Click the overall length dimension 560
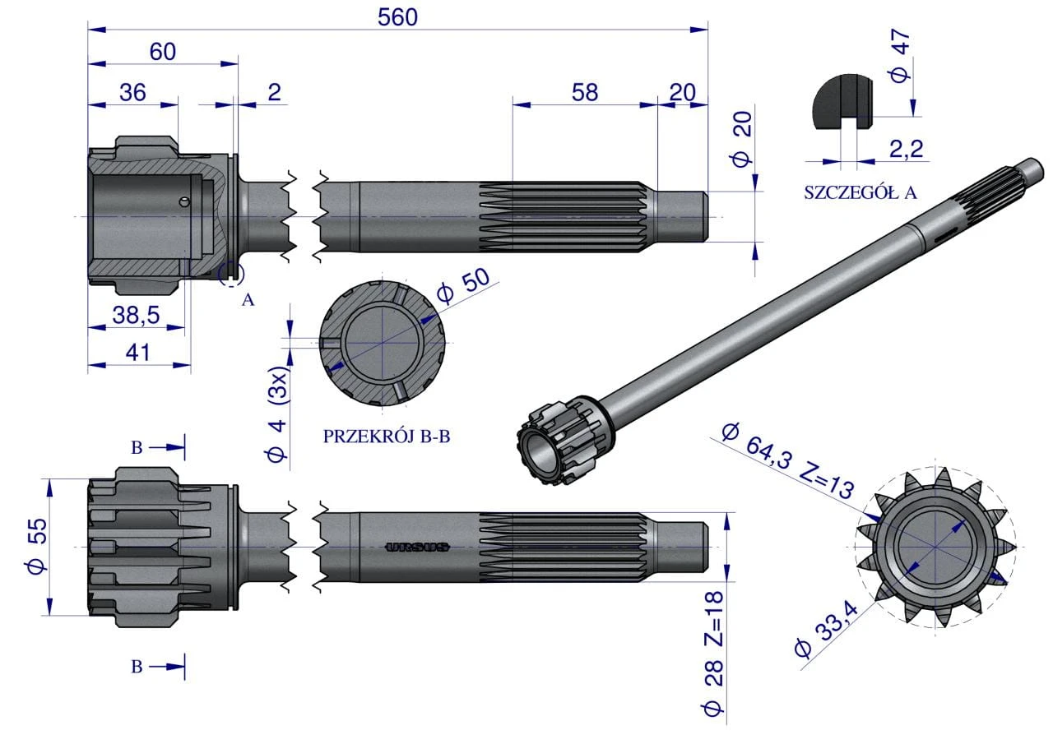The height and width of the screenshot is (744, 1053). click(x=397, y=17)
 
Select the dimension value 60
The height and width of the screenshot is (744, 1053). click(x=163, y=52)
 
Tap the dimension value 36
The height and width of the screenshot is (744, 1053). click(x=132, y=93)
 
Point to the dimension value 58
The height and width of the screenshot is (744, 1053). click(x=585, y=93)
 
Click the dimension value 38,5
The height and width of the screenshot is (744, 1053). click(x=136, y=315)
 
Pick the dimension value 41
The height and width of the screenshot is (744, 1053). click(x=137, y=353)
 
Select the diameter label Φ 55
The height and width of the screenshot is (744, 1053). click(x=37, y=546)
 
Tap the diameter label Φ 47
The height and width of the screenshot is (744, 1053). click(x=900, y=56)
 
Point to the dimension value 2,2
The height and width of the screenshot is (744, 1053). click(x=906, y=149)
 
